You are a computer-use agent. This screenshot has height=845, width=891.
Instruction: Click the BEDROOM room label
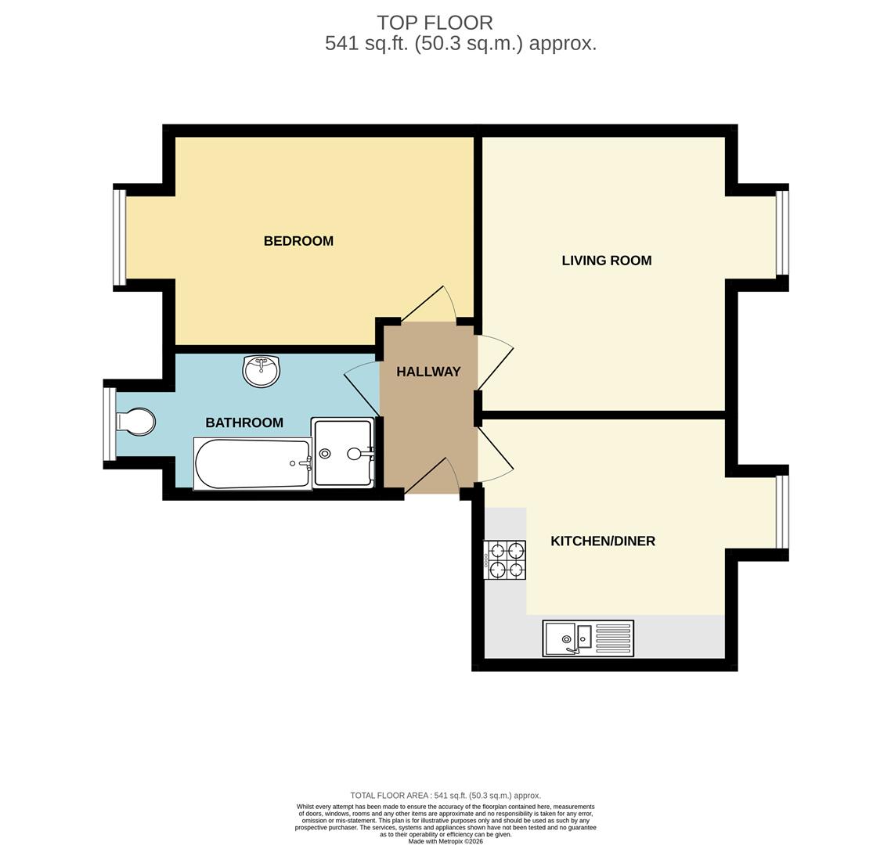(298, 241)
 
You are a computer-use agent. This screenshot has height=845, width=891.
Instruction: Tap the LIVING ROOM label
(606, 261)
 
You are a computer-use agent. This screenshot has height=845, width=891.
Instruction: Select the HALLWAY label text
(428, 372)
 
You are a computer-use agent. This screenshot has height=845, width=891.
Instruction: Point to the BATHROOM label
(244, 422)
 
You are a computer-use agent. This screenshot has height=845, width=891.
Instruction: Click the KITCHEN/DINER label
(602, 541)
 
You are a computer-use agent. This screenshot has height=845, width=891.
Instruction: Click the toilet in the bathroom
(136, 422)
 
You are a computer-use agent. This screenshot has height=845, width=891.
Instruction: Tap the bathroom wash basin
(261, 370)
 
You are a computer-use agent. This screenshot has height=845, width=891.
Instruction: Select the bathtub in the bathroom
(252, 463)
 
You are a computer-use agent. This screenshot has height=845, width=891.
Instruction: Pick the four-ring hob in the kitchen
(505, 560)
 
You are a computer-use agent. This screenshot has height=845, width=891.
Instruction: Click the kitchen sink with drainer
(588, 638)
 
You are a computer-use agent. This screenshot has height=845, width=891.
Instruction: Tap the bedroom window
(120, 237)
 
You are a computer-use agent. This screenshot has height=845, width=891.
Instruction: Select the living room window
(782, 232)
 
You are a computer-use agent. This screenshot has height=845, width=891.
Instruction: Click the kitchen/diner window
(782, 512)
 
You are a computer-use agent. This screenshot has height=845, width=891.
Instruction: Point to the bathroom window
(110, 424)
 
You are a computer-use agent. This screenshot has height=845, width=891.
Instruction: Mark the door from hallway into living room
(495, 361)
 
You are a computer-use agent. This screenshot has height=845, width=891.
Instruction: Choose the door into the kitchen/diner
(495, 455)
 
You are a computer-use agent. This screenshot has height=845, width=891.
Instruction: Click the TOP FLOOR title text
(435, 23)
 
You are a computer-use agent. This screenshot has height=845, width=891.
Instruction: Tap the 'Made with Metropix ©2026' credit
(445, 841)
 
